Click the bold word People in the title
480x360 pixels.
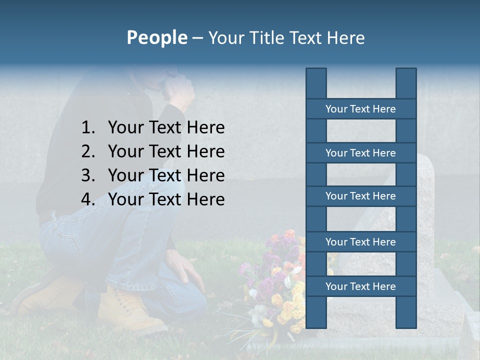[156, 37]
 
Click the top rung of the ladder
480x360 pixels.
[360, 109]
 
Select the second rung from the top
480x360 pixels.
[360, 153]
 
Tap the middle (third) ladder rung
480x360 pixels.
[360, 196]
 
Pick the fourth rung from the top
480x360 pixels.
[360, 242]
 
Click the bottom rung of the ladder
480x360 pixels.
[360, 286]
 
